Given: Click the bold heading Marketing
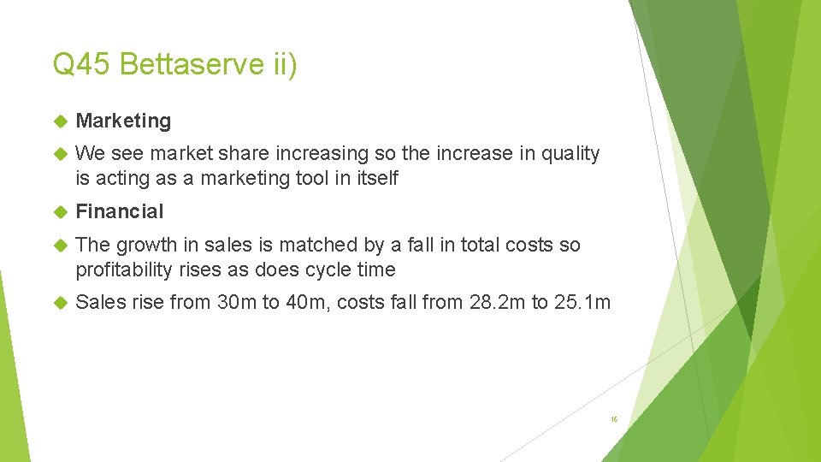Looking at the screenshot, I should pos(123,121).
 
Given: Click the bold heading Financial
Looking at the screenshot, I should pos(119,211).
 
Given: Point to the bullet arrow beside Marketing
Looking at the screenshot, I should pos(59,121).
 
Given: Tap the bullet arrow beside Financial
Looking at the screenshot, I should pos(59,211).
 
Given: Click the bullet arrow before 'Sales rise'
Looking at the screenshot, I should pos(59,302).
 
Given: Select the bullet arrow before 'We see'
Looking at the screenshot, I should pos(59,154).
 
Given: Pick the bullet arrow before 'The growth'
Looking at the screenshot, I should pos(59,245).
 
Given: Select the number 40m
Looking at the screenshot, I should pos(286,302).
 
